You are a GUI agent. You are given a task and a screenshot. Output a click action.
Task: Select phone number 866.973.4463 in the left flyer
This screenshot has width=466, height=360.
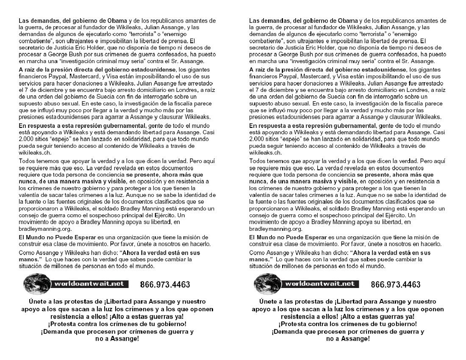point(165,285)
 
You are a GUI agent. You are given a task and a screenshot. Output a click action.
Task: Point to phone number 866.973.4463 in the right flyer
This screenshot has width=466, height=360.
point(395,285)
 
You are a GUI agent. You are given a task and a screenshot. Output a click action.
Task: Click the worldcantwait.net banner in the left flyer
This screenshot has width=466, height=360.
point(89,284)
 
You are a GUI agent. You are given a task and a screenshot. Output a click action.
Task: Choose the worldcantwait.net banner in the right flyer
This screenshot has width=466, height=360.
point(319,284)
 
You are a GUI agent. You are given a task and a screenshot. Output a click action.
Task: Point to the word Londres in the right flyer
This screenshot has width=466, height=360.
point(405,90)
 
